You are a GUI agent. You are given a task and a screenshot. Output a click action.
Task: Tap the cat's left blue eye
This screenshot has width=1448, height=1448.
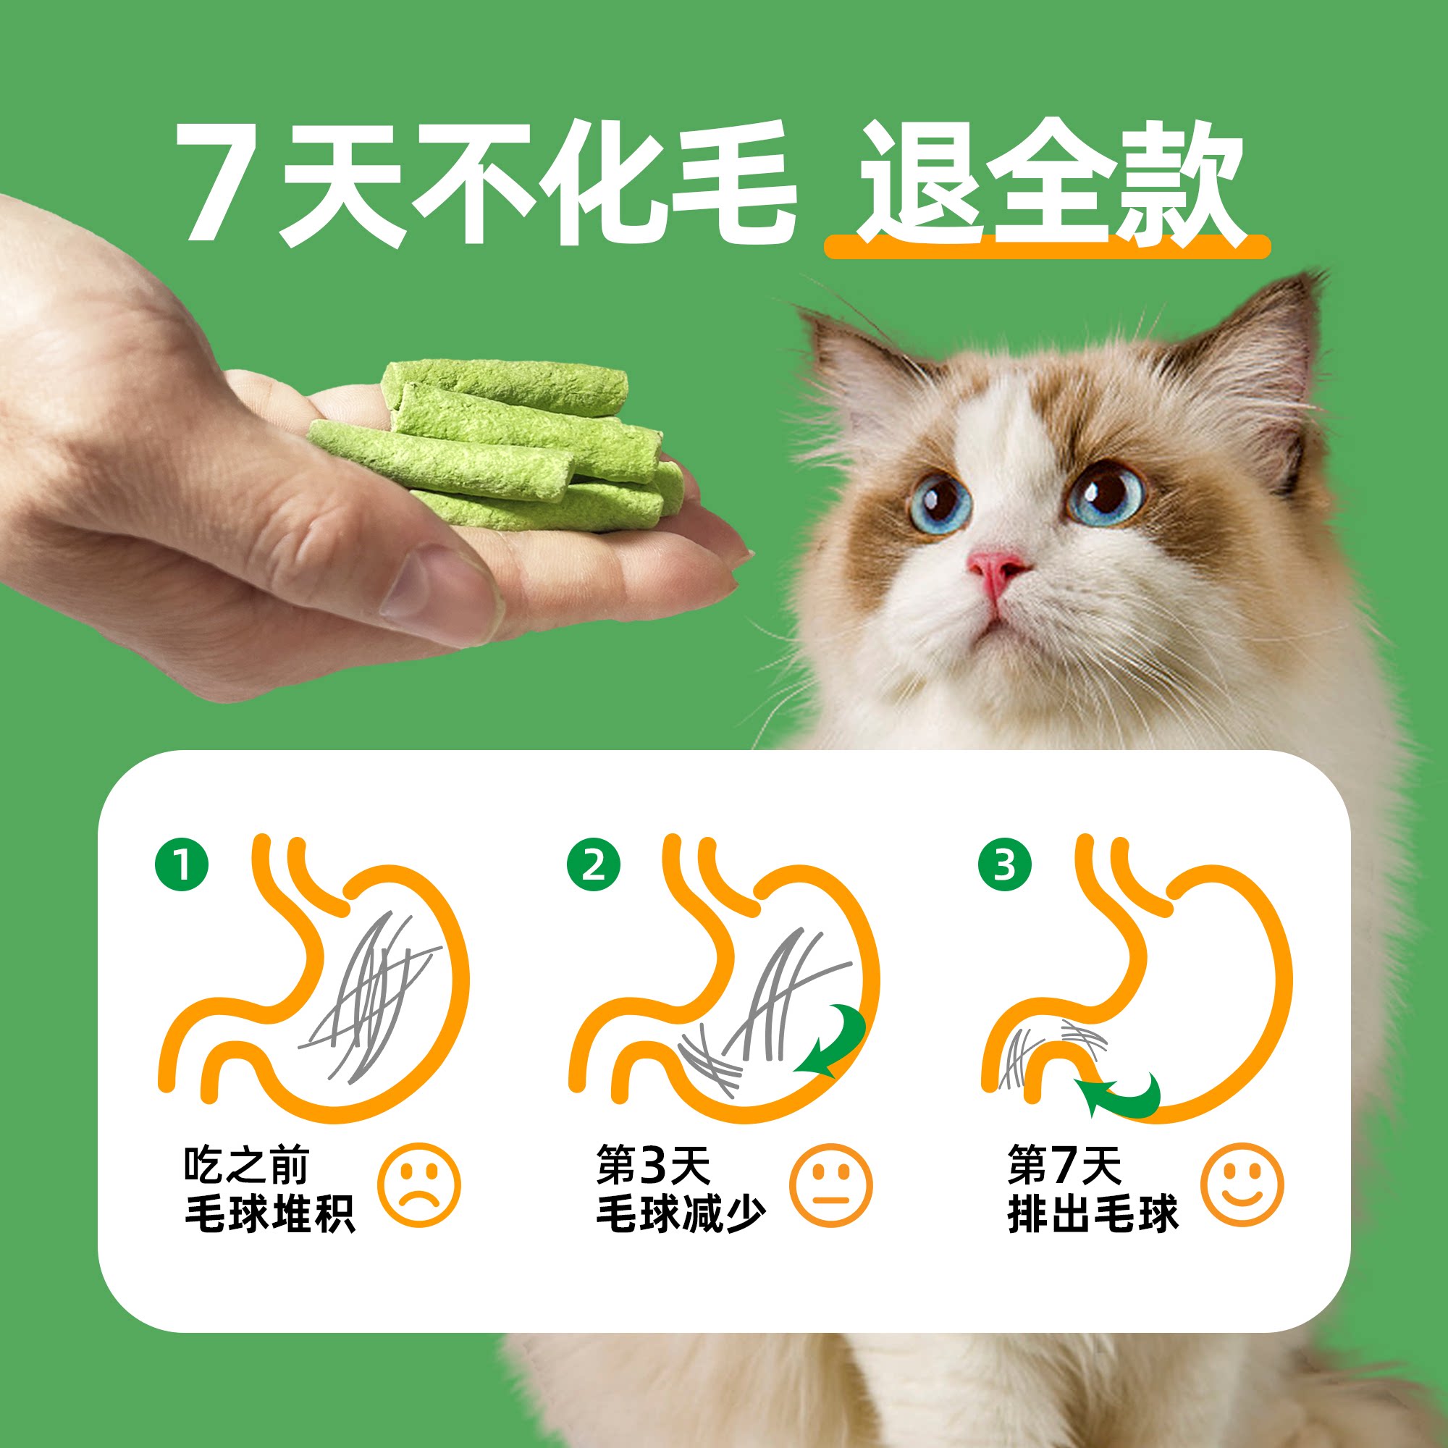[x=938, y=501]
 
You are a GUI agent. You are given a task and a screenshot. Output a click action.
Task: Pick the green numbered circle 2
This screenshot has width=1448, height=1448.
[x=594, y=865]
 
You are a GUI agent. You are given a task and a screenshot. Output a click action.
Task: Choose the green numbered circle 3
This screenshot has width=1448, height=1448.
[x=1004, y=865]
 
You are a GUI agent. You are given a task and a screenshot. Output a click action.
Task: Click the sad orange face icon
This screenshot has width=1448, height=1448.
[x=419, y=1185]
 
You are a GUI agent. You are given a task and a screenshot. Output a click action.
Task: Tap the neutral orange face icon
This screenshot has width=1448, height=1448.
[x=830, y=1185]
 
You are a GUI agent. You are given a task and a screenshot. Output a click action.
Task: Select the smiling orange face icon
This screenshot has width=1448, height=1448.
[x=1242, y=1185]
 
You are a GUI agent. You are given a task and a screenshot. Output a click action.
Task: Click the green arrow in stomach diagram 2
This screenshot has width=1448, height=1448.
[x=832, y=1043]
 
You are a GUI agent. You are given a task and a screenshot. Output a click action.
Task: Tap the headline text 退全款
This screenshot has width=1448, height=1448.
[x=1049, y=183]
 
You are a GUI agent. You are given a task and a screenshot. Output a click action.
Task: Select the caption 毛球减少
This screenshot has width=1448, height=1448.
[x=681, y=1214]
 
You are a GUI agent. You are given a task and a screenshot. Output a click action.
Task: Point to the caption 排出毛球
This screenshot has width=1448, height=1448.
[x=1093, y=1214]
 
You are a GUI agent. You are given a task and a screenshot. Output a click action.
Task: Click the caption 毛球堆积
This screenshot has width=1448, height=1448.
[x=270, y=1214]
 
